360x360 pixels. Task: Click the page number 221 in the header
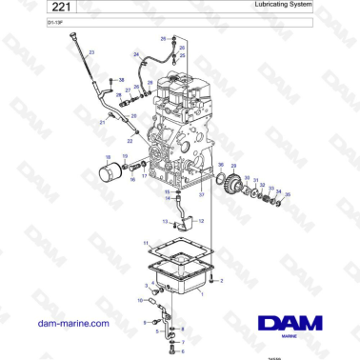point(39,9)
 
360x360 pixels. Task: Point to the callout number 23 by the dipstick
point(92,52)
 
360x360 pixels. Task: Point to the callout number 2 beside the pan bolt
point(222,281)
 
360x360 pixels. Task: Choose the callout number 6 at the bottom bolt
point(156,346)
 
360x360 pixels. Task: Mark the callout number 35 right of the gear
point(290,195)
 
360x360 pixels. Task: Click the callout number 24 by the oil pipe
point(136,55)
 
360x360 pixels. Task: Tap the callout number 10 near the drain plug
point(140,300)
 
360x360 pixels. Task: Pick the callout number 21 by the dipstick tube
point(102,123)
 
